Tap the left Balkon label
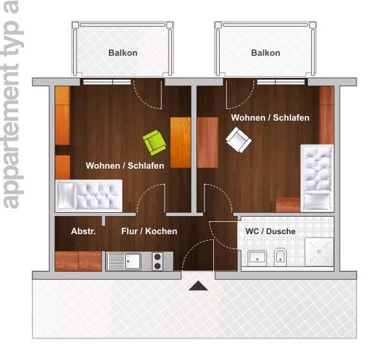(x=123, y=53)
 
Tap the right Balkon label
(x=265, y=53)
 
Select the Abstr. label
(x=83, y=232)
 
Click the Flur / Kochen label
(x=149, y=232)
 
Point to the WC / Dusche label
(x=270, y=232)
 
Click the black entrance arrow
(x=198, y=285)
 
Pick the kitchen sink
(x=124, y=261)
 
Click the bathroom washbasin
(x=257, y=257)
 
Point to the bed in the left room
(x=89, y=195)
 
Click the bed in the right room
(x=316, y=176)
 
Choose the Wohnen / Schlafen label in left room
(x=125, y=166)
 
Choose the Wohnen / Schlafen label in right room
(x=270, y=118)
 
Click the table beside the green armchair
(x=180, y=142)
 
